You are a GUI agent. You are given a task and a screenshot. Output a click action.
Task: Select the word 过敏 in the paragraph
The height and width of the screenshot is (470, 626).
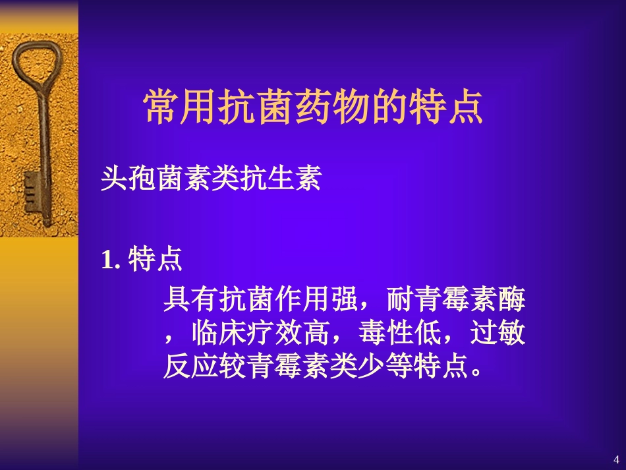(x=498, y=334)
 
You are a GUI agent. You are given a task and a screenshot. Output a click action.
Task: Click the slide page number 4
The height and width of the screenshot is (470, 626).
(x=616, y=459)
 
